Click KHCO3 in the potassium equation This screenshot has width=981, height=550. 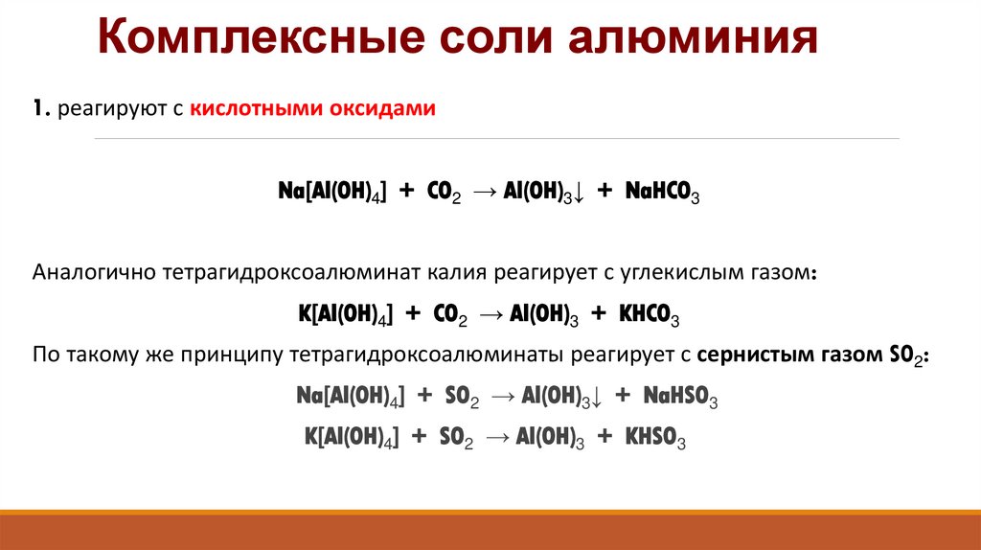pos(650,314)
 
